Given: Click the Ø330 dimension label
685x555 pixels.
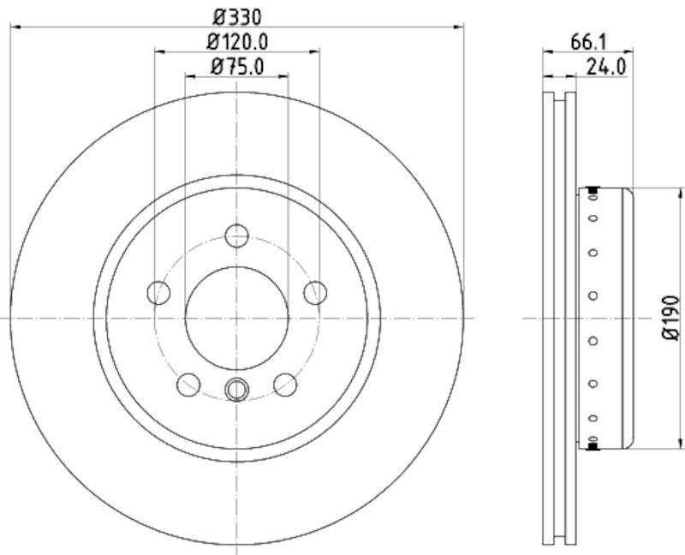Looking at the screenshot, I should (236, 15).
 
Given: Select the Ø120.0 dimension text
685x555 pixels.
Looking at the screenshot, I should (237, 40).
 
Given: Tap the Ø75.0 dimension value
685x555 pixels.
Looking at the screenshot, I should (237, 65).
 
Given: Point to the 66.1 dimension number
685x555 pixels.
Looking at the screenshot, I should (587, 40).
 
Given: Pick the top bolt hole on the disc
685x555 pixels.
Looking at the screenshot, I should (237, 236).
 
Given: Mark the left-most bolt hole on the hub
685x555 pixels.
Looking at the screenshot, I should (159, 292).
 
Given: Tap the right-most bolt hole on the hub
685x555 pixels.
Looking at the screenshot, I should (315, 292).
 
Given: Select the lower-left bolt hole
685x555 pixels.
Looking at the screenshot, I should (188, 385).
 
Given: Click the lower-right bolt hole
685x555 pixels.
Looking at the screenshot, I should (285, 385).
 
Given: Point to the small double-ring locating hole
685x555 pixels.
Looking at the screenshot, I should (235, 390).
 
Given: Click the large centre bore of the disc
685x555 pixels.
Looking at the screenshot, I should (237, 318).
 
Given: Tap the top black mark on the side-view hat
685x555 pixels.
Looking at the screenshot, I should (593, 189).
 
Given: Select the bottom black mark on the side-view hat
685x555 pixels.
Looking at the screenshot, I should (593, 445).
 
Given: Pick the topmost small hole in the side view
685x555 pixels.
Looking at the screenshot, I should (593, 200).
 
